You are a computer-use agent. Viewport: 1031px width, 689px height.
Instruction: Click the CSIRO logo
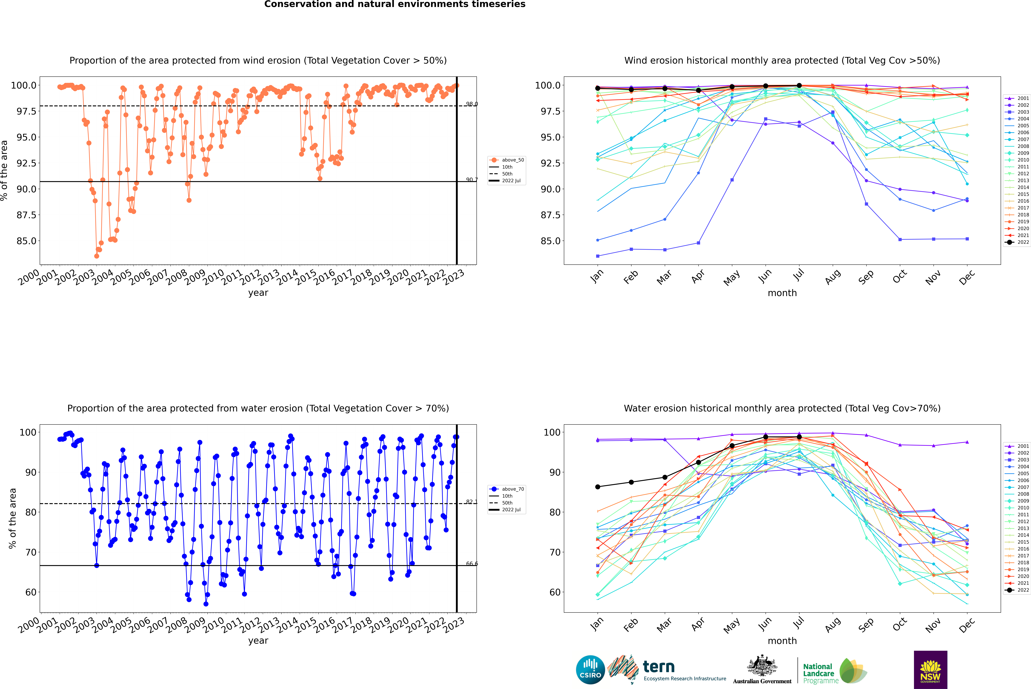tap(590, 670)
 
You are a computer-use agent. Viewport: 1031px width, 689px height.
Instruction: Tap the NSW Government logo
tap(930, 670)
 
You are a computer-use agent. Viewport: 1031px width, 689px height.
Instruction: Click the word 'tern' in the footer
tap(658, 667)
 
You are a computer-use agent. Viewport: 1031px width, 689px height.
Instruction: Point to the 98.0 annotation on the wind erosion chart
tap(472, 104)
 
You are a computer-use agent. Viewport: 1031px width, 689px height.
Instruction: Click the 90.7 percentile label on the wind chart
tap(472, 180)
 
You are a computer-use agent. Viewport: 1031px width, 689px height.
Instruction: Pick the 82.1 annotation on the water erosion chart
tap(472, 502)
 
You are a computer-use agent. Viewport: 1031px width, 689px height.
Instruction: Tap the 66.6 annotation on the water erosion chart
tap(472, 564)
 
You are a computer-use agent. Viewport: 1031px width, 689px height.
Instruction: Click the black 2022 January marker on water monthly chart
tap(598, 487)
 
